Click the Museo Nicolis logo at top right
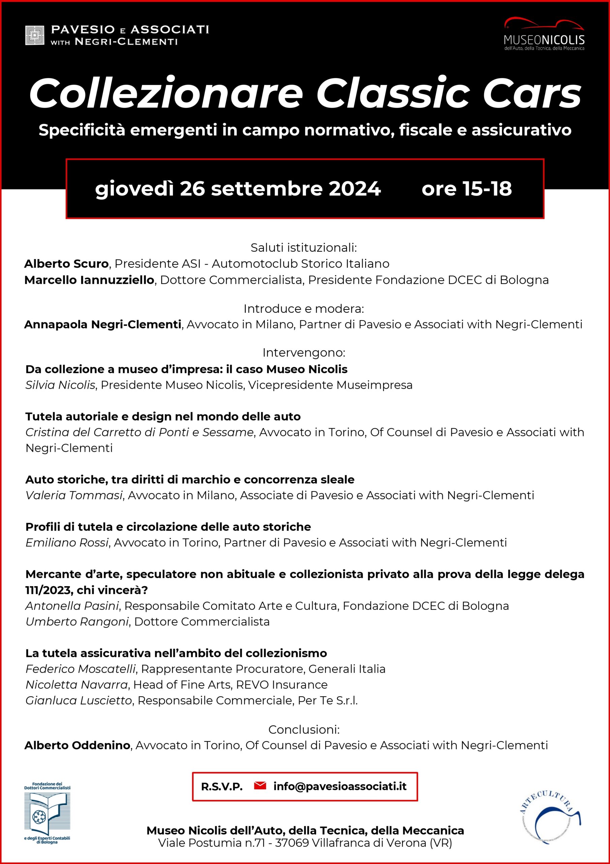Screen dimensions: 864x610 pyautogui.click(x=544, y=34)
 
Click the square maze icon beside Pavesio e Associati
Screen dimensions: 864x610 pyautogui.click(x=35, y=35)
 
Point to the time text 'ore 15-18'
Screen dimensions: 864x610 pyautogui.click(x=466, y=189)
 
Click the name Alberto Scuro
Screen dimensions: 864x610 pyautogui.click(x=66, y=264)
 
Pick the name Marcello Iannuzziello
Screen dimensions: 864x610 pyautogui.click(x=89, y=280)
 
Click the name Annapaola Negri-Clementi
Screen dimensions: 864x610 pyautogui.click(x=102, y=324)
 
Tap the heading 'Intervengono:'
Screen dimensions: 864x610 pyautogui.click(x=304, y=353)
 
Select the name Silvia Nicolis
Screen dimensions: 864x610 pyautogui.click(x=60, y=385)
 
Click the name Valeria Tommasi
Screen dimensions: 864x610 pyautogui.click(x=74, y=495)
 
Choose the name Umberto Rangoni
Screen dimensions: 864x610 pyautogui.click(x=77, y=622)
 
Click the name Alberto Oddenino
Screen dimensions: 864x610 pyautogui.click(x=78, y=745)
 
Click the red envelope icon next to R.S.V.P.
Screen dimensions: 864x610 pyautogui.click(x=260, y=786)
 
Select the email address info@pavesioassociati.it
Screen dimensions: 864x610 pyautogui.click(x=340, y=786)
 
